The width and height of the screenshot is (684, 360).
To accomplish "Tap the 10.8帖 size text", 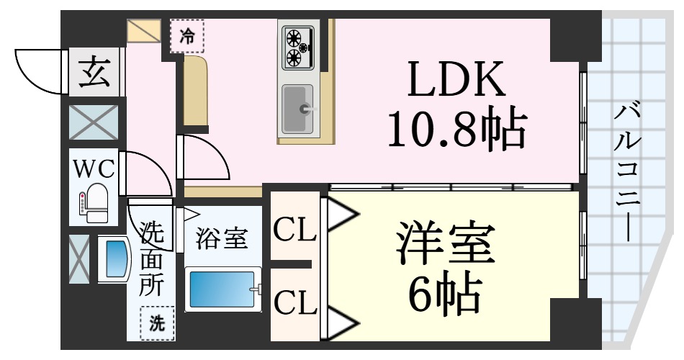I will pyautogui.click(x=455, y=130).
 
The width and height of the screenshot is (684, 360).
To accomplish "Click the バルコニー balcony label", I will pyautogui.click(x=627, y=173).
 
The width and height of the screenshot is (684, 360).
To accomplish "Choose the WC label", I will pyautogui.click(x=94, y=169).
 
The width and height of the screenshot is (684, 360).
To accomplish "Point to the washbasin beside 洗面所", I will pyautogui.click(x=114, y=259).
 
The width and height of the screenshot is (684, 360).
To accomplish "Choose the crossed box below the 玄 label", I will pyautogui.click(x=94, y=122).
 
